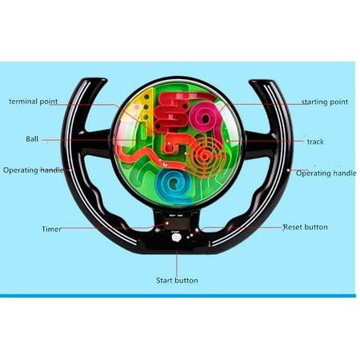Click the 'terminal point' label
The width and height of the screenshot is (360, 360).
34,102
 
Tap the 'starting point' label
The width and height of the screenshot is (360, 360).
325,102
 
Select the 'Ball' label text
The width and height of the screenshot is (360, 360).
32,139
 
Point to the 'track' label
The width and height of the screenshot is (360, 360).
315,142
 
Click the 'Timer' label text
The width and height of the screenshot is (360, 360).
51,230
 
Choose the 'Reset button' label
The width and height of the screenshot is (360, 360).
306,227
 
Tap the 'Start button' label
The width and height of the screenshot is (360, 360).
177,281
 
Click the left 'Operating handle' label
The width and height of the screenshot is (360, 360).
34,170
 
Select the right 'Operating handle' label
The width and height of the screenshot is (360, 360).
326,174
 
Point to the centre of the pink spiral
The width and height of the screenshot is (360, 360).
206,118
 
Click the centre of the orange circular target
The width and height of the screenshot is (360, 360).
205,156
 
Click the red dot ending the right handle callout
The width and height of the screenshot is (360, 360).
288,170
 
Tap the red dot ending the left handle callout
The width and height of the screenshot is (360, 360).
70,170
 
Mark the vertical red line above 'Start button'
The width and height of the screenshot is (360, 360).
177,263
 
